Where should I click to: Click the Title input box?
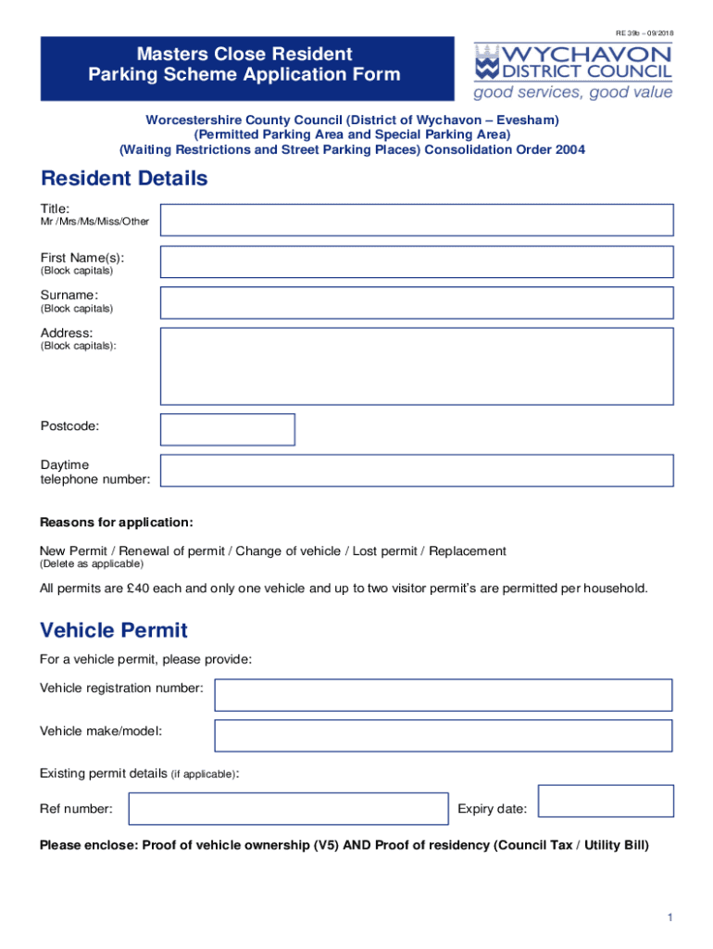point(417,221)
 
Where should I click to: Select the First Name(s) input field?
point(417,261)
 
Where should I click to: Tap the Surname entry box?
point(417,302)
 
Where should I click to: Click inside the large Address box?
point(417,366)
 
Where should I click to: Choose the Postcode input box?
point(228,429)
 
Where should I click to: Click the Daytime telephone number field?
point(417,470)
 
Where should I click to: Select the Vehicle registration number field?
point(444,695)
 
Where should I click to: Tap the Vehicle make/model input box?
point(444,736)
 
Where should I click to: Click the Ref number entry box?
point(288,808)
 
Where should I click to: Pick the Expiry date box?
point(606,801)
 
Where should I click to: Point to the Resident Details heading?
point(124,178)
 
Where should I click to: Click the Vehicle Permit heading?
point(114,630)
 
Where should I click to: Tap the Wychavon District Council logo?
point(573,62)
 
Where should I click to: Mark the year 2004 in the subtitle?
point(570,149)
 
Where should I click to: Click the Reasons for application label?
point(117,523)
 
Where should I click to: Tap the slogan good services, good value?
point(573,93)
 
